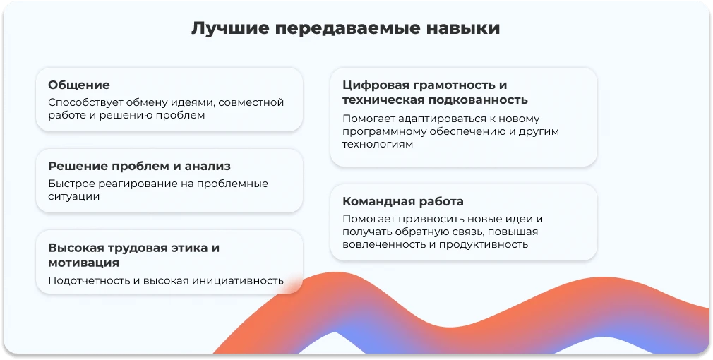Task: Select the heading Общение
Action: point(79,85)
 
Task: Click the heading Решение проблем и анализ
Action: point(139,166)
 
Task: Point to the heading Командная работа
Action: point(403,201)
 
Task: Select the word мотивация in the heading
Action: point(83,263)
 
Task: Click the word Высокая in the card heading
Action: point(75,248)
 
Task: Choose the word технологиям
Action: point(378,144)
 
